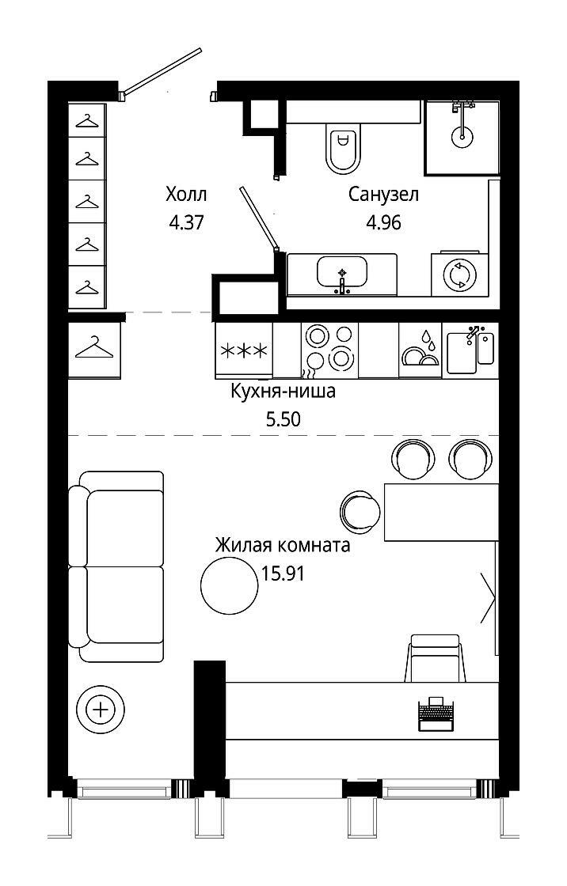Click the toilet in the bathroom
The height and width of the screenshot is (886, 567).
[x=343, y=148]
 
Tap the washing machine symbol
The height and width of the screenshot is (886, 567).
[x=459, y=275]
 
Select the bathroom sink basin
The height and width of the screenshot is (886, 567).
[x=342, y=272]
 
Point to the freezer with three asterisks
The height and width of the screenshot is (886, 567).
[x=244, y=350]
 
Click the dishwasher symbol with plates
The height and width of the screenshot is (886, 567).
[x=420, y=350]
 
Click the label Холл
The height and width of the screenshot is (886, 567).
[x=186, y=195]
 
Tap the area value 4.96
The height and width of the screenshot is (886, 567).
[x=383, y=223]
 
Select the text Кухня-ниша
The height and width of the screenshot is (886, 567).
[x=283, y=391]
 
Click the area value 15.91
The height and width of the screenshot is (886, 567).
[x=283, y=574]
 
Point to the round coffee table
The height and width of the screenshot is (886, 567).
[x=230, y=585]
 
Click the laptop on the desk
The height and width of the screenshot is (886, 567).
[x=436, y=714]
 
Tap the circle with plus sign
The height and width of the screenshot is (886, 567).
[x=101, y=710]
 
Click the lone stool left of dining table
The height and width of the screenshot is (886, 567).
[x=360, y=512]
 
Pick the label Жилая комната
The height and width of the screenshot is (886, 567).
[x=283, y=546]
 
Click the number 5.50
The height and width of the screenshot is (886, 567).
[x=283, y=419]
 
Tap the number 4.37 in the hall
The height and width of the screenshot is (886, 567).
[x=186, y=223]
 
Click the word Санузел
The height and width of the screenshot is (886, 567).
[x=383, y=195]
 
